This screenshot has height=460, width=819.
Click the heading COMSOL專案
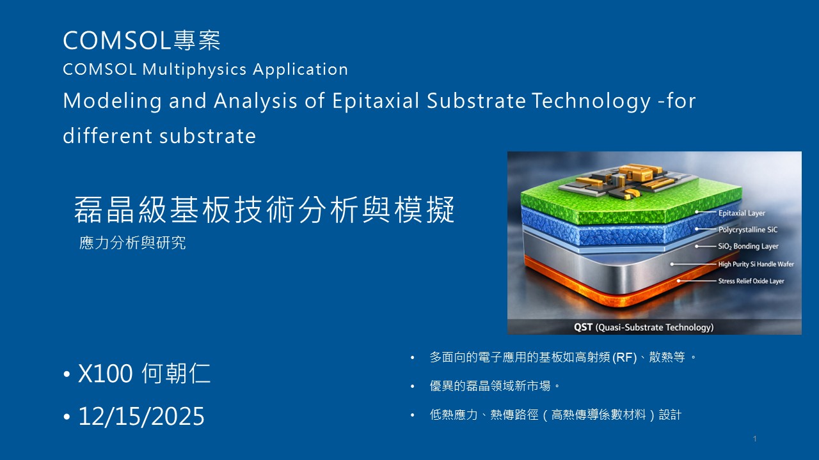(141, 40)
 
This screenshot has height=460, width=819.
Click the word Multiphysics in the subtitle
(195, 70)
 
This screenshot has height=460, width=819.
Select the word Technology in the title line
(591, 101)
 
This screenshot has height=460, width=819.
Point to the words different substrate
(159, 136)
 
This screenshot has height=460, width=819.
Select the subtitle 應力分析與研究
(132, 243)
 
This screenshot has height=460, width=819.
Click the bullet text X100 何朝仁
(144, 373)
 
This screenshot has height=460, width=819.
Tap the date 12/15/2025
(141, 416)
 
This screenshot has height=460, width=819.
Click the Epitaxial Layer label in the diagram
(742, 213)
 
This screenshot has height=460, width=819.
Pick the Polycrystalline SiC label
(748, 229)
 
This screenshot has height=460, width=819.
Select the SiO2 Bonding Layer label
(748, 247)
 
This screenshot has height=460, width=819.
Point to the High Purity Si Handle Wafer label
(756, 264)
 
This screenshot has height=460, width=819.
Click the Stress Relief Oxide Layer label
(751, 280)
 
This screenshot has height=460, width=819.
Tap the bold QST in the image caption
(583, 327)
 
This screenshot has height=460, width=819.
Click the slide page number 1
(754, 438)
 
